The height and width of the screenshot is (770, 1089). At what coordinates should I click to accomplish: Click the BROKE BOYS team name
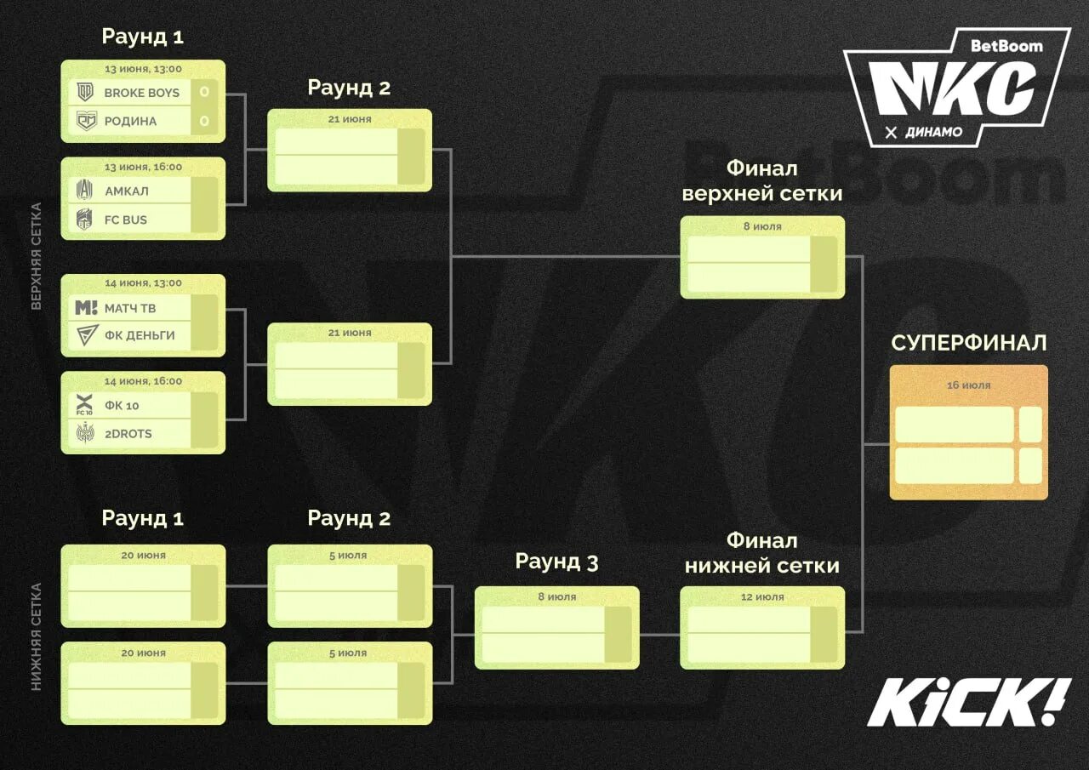(x=141, y=93)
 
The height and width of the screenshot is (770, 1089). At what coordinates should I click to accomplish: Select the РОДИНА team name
(x=130, y=121)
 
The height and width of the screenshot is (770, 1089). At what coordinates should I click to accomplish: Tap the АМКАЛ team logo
(x=85, y=191)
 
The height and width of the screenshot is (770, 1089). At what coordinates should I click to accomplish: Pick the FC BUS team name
(x=125, y=220)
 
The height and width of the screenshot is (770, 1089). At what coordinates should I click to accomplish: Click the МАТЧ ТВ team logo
(x=86, y=307)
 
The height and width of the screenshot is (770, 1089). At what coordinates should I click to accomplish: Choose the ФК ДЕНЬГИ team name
(x=140, y=335)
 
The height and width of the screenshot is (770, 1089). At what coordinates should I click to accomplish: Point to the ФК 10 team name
(x=122, y=406)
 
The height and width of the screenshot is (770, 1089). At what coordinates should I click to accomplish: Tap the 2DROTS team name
(x=128, y=434)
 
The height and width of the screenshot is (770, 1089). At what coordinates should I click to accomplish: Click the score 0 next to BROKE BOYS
(x=204, y=92)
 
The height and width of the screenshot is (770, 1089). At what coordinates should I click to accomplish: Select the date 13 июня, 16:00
(x=144, y=168)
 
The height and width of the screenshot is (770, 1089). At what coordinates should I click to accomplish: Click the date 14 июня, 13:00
(x=144, y=283)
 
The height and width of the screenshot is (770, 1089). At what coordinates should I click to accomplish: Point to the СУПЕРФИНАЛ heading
(x=969, y=343)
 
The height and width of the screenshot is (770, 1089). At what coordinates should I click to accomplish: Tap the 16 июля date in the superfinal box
(x=969, y=385)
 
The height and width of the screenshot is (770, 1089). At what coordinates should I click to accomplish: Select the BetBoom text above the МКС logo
(x=1006, y=46)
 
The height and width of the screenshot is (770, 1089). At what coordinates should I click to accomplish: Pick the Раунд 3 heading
(x=556, y=562)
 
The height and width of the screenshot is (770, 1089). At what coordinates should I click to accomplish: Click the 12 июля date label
(x=762, y=597)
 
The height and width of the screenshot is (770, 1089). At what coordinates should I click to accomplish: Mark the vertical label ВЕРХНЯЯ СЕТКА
(x=37, y=255)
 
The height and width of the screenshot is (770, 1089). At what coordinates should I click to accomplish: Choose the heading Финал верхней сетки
(x=762, y=180)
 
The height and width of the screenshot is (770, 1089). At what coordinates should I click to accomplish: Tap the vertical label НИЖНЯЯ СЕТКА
(x=37, y=636)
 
